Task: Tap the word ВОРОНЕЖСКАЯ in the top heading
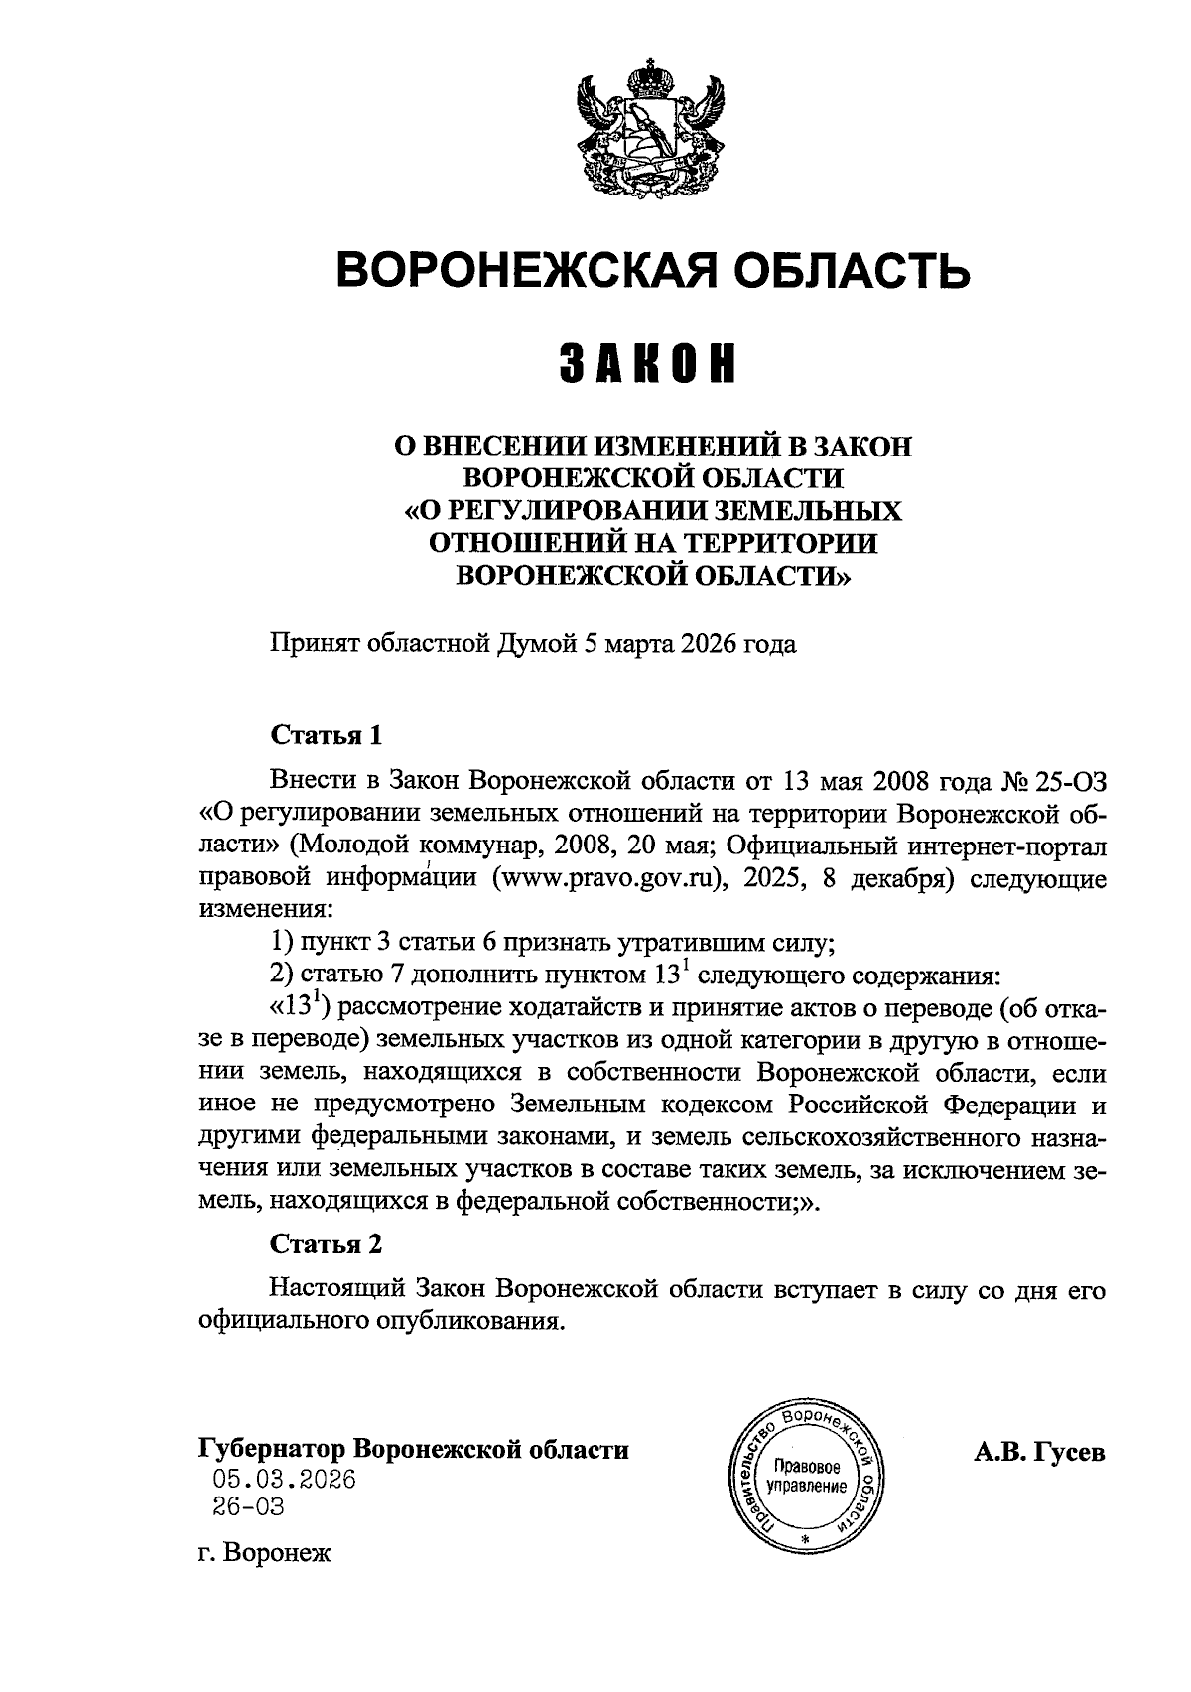point(533,269)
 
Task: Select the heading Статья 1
point(327,736)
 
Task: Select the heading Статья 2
point(327,1243)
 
